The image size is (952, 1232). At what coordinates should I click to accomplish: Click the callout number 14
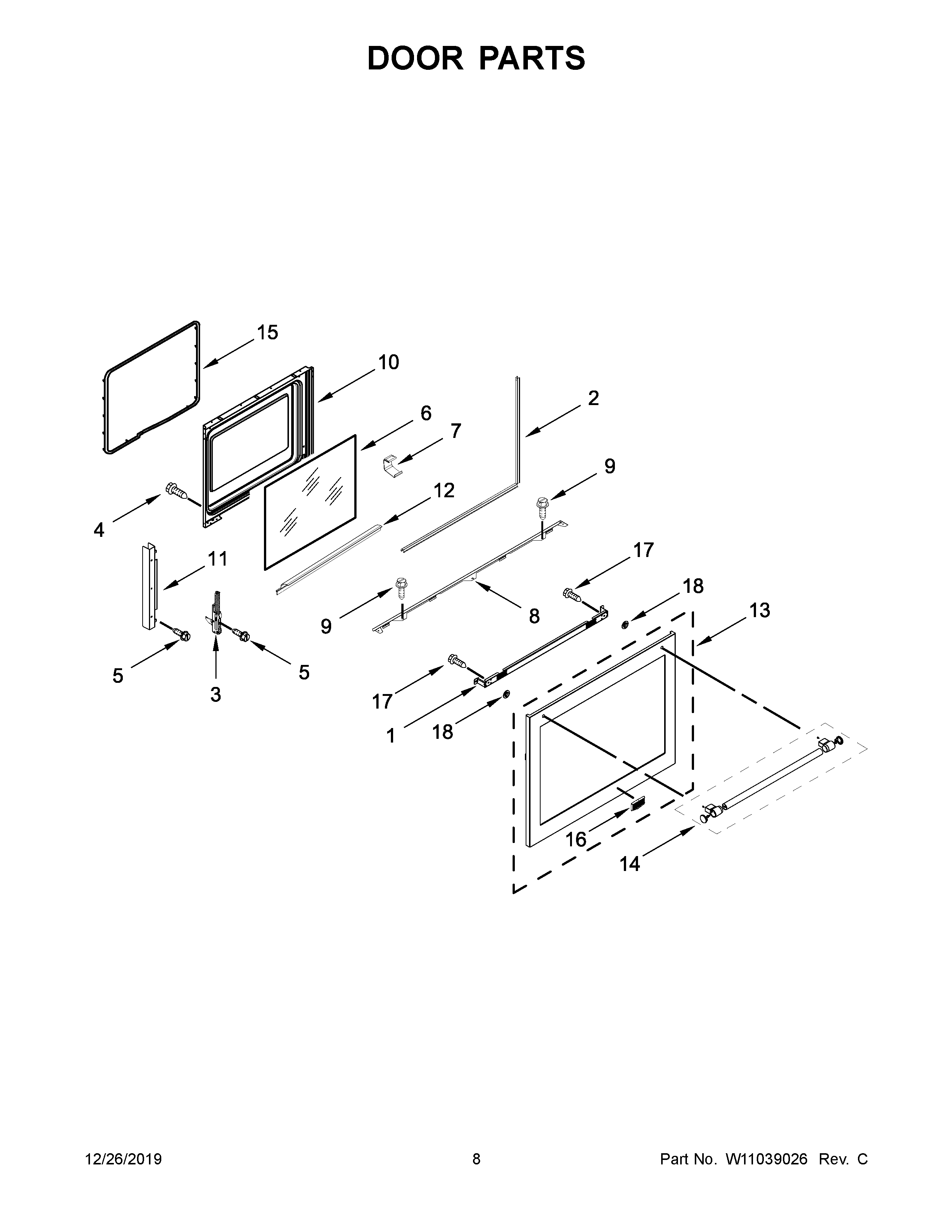click(x=630, y=864)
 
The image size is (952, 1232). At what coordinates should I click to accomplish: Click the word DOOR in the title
click(x=415, y=58)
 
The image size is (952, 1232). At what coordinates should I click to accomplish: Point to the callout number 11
click(x=217, y=559)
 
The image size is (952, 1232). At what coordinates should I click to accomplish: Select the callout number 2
click(x=593, y=398)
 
